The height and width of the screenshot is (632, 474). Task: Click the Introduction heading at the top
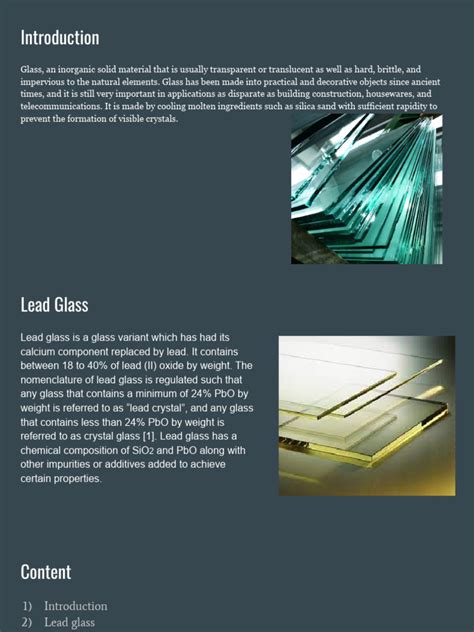tap(60, 38)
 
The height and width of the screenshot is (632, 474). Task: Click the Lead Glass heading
tap(54, 304)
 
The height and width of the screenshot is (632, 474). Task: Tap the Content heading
tap(46, 572)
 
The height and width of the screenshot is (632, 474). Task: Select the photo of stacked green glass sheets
tap(366, 189)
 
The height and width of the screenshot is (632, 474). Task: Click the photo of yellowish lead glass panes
tap(366, 415)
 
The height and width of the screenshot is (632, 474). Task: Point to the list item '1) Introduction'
tap(65, 606)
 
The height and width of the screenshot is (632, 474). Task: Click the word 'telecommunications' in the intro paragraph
tap(64, 105)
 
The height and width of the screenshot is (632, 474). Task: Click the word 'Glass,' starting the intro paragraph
tap(32, 69)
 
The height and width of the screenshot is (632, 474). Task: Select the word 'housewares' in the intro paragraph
tap(385, 93)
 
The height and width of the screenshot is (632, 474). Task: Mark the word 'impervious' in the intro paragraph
tap(42, 81)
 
